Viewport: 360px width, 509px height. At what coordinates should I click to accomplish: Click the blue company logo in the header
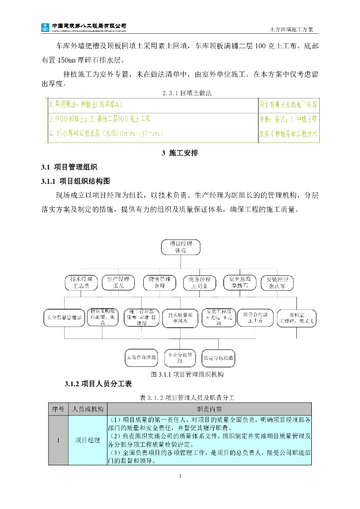45,26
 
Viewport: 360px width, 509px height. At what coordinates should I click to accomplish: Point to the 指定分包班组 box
219,357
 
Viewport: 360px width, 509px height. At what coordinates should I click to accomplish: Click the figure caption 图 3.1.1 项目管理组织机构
180,374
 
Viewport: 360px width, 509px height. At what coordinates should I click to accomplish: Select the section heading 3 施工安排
180,153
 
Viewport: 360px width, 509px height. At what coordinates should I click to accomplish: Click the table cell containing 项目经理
87,440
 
